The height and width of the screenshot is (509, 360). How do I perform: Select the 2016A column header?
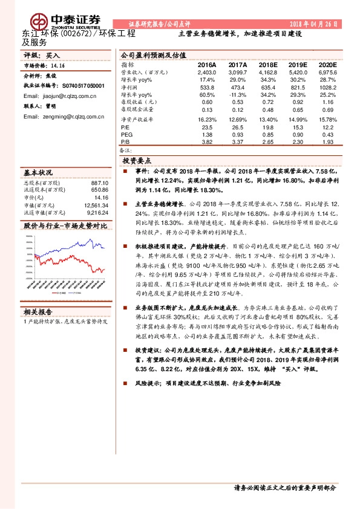point(207,63)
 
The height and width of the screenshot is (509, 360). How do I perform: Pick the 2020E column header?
point(327,63)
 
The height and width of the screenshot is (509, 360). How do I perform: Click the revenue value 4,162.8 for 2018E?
point(267,72)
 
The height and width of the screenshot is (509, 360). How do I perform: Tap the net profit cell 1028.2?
point(327,87)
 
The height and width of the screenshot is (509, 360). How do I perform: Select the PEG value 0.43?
point(327,135)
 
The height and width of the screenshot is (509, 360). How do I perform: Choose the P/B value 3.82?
point(207,142)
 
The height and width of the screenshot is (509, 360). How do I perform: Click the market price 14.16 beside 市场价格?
point(58,66)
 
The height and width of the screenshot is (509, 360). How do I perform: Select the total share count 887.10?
point(99,183)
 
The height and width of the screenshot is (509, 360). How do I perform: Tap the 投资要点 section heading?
point(137,161)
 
